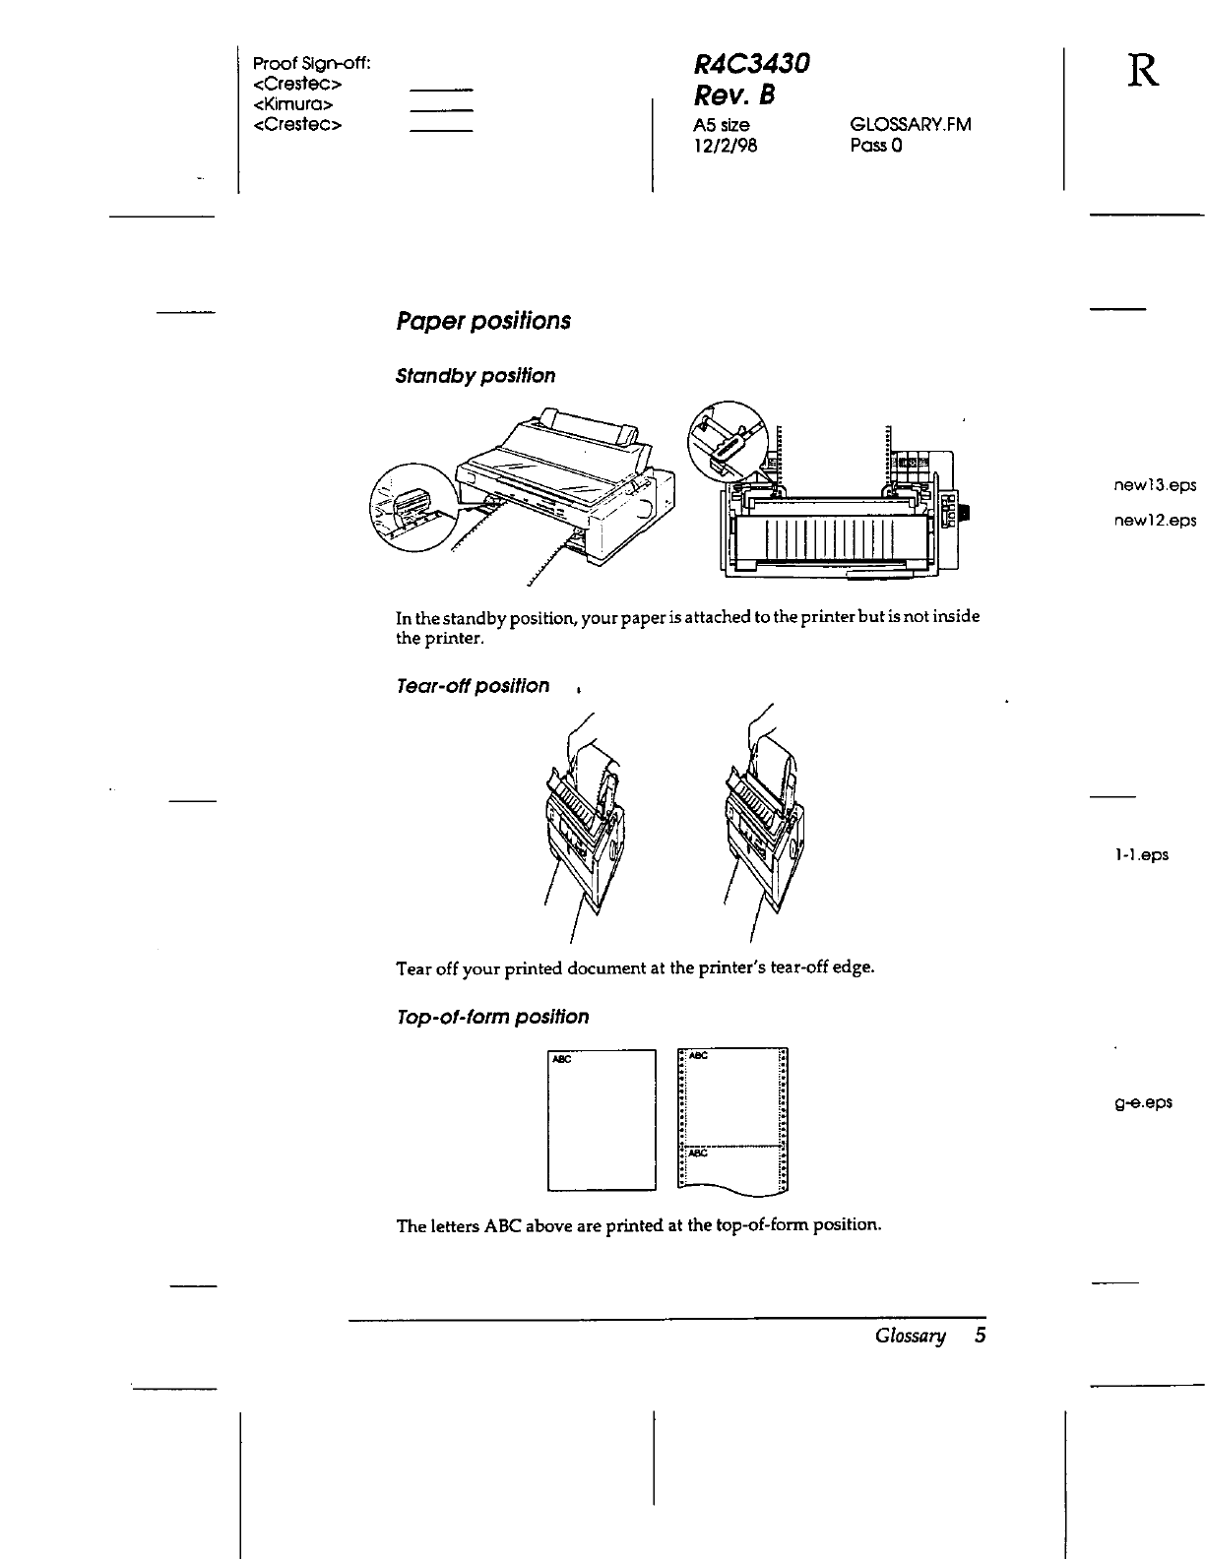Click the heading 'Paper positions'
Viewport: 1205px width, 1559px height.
(x=482, y=322)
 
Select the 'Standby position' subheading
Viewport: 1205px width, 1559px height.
(x=475, y=376)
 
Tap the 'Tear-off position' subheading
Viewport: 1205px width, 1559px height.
(x=472, y=686)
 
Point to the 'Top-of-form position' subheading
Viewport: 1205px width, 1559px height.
(x=491, y=1017)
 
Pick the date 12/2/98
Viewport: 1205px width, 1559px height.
(x=726, y=146)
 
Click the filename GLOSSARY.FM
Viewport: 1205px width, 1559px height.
(x=910, y=125)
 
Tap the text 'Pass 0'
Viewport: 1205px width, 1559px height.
(x=876, y=146)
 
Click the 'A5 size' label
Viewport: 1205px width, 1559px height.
(x=722, y=125)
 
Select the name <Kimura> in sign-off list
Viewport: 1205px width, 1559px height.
(x=292, y=104)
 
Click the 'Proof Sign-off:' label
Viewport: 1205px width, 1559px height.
(x=311, y=64)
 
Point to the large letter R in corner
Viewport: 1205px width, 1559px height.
(x=1143, y=71)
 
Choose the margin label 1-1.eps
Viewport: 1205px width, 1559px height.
(x=1141, y=854)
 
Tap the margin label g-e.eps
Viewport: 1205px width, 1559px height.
(x=1143, y=1102)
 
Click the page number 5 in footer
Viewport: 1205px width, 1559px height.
(x=980, y=1336)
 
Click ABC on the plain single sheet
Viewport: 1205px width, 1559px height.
(x=562, y=1060)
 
